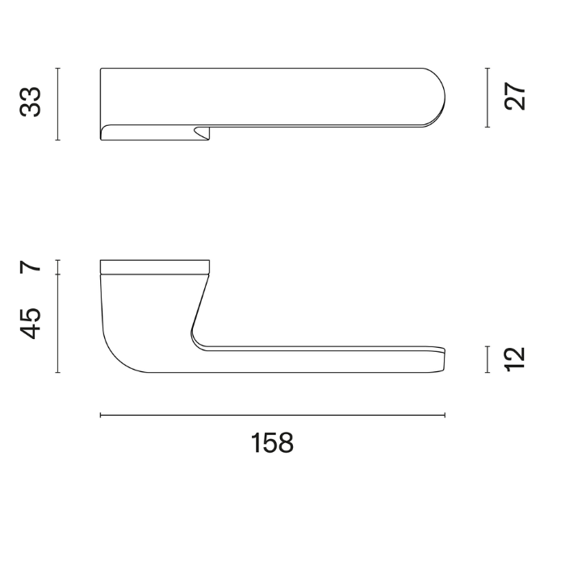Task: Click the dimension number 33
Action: point(31,102)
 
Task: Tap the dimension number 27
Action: point(515,97)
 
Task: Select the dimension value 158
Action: point(272,443)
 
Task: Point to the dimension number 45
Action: point(31,324)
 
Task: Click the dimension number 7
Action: point(31,266)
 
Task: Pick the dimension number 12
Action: point(515,359)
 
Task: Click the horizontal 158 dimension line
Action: point(273,416)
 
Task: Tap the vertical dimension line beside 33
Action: point(57,104)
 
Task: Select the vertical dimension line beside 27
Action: point(488,98)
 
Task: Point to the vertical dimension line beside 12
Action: point(488,359)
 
